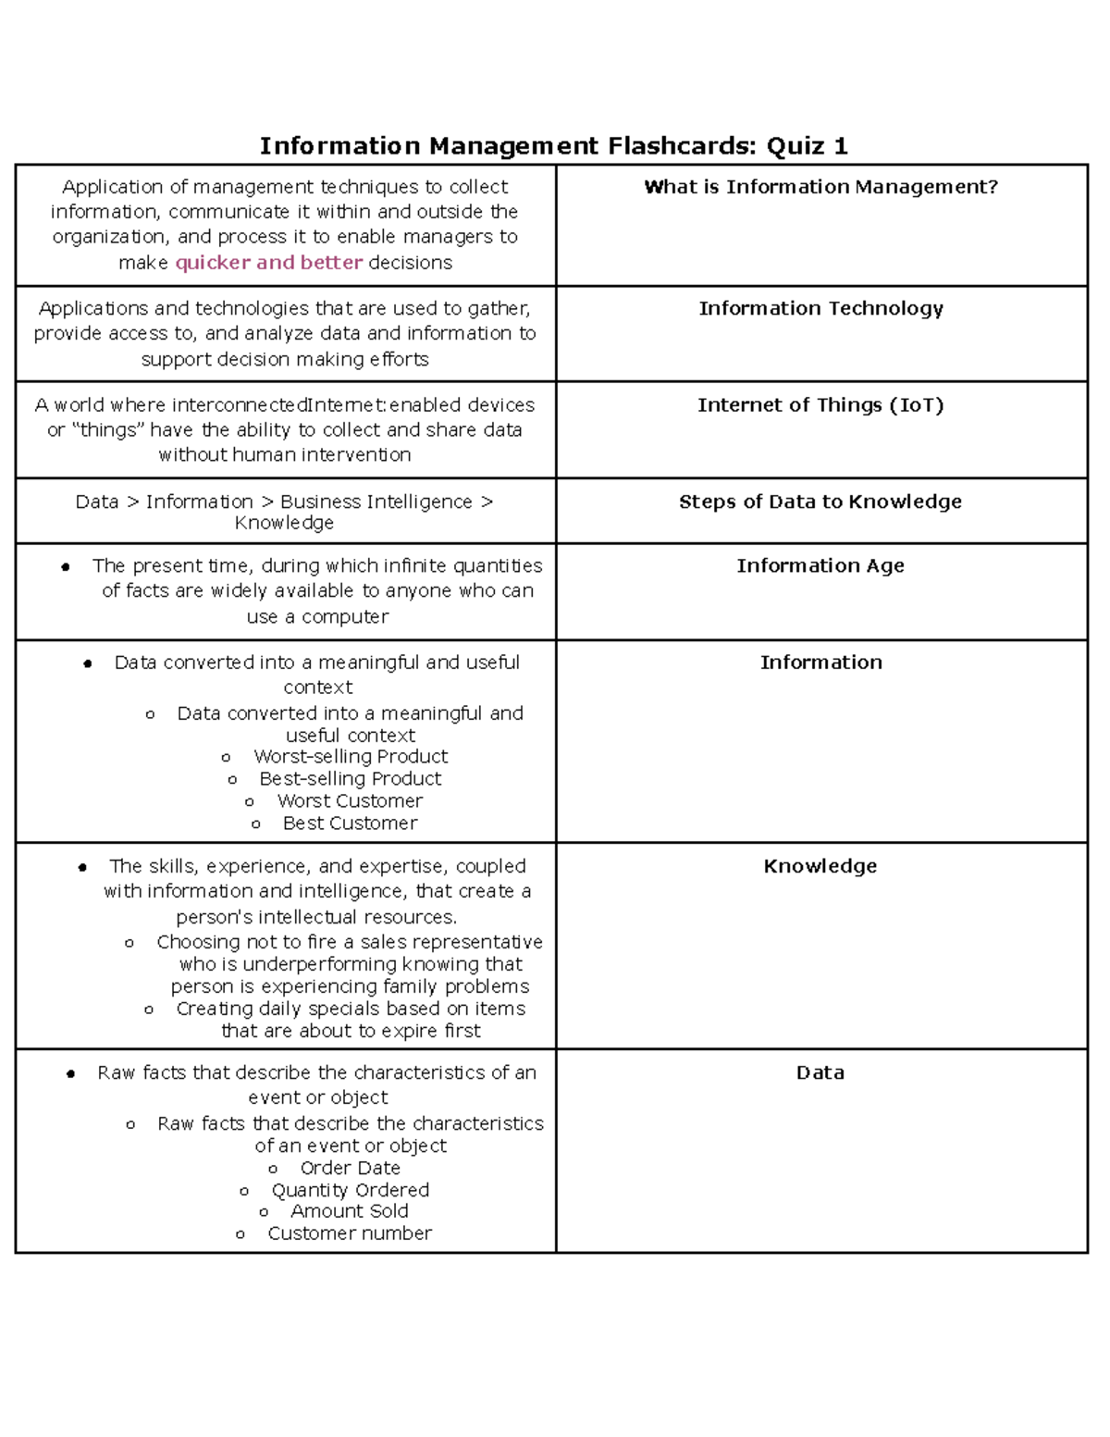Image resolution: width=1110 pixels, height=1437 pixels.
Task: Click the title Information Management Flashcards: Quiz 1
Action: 553,146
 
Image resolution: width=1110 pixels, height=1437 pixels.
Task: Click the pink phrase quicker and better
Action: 268,263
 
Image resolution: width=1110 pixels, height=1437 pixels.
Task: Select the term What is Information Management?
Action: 820,187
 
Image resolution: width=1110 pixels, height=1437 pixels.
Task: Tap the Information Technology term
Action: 820,308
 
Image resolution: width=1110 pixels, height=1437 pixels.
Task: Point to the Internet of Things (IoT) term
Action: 820,405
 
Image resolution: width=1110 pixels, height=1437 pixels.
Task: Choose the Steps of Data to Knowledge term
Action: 820,502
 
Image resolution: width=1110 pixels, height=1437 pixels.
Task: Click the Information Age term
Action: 820,565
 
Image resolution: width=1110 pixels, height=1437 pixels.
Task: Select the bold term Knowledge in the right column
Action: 820,866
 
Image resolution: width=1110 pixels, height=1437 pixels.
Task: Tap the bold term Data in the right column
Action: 820,1072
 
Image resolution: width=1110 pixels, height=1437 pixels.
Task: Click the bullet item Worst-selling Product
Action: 351,757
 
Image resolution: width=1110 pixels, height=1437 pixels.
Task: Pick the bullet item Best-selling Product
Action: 351,779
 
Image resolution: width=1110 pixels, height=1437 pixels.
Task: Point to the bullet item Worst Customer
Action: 351,801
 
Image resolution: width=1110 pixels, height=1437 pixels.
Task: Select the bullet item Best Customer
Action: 351,824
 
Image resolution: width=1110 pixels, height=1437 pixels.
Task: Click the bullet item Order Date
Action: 351,1168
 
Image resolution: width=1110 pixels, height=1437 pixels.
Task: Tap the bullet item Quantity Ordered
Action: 351,1190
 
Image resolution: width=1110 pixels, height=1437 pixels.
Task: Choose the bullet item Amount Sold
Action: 350,1211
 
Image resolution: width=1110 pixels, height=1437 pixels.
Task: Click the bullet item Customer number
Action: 350,1233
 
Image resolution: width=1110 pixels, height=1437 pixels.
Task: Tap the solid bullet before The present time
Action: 66,567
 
